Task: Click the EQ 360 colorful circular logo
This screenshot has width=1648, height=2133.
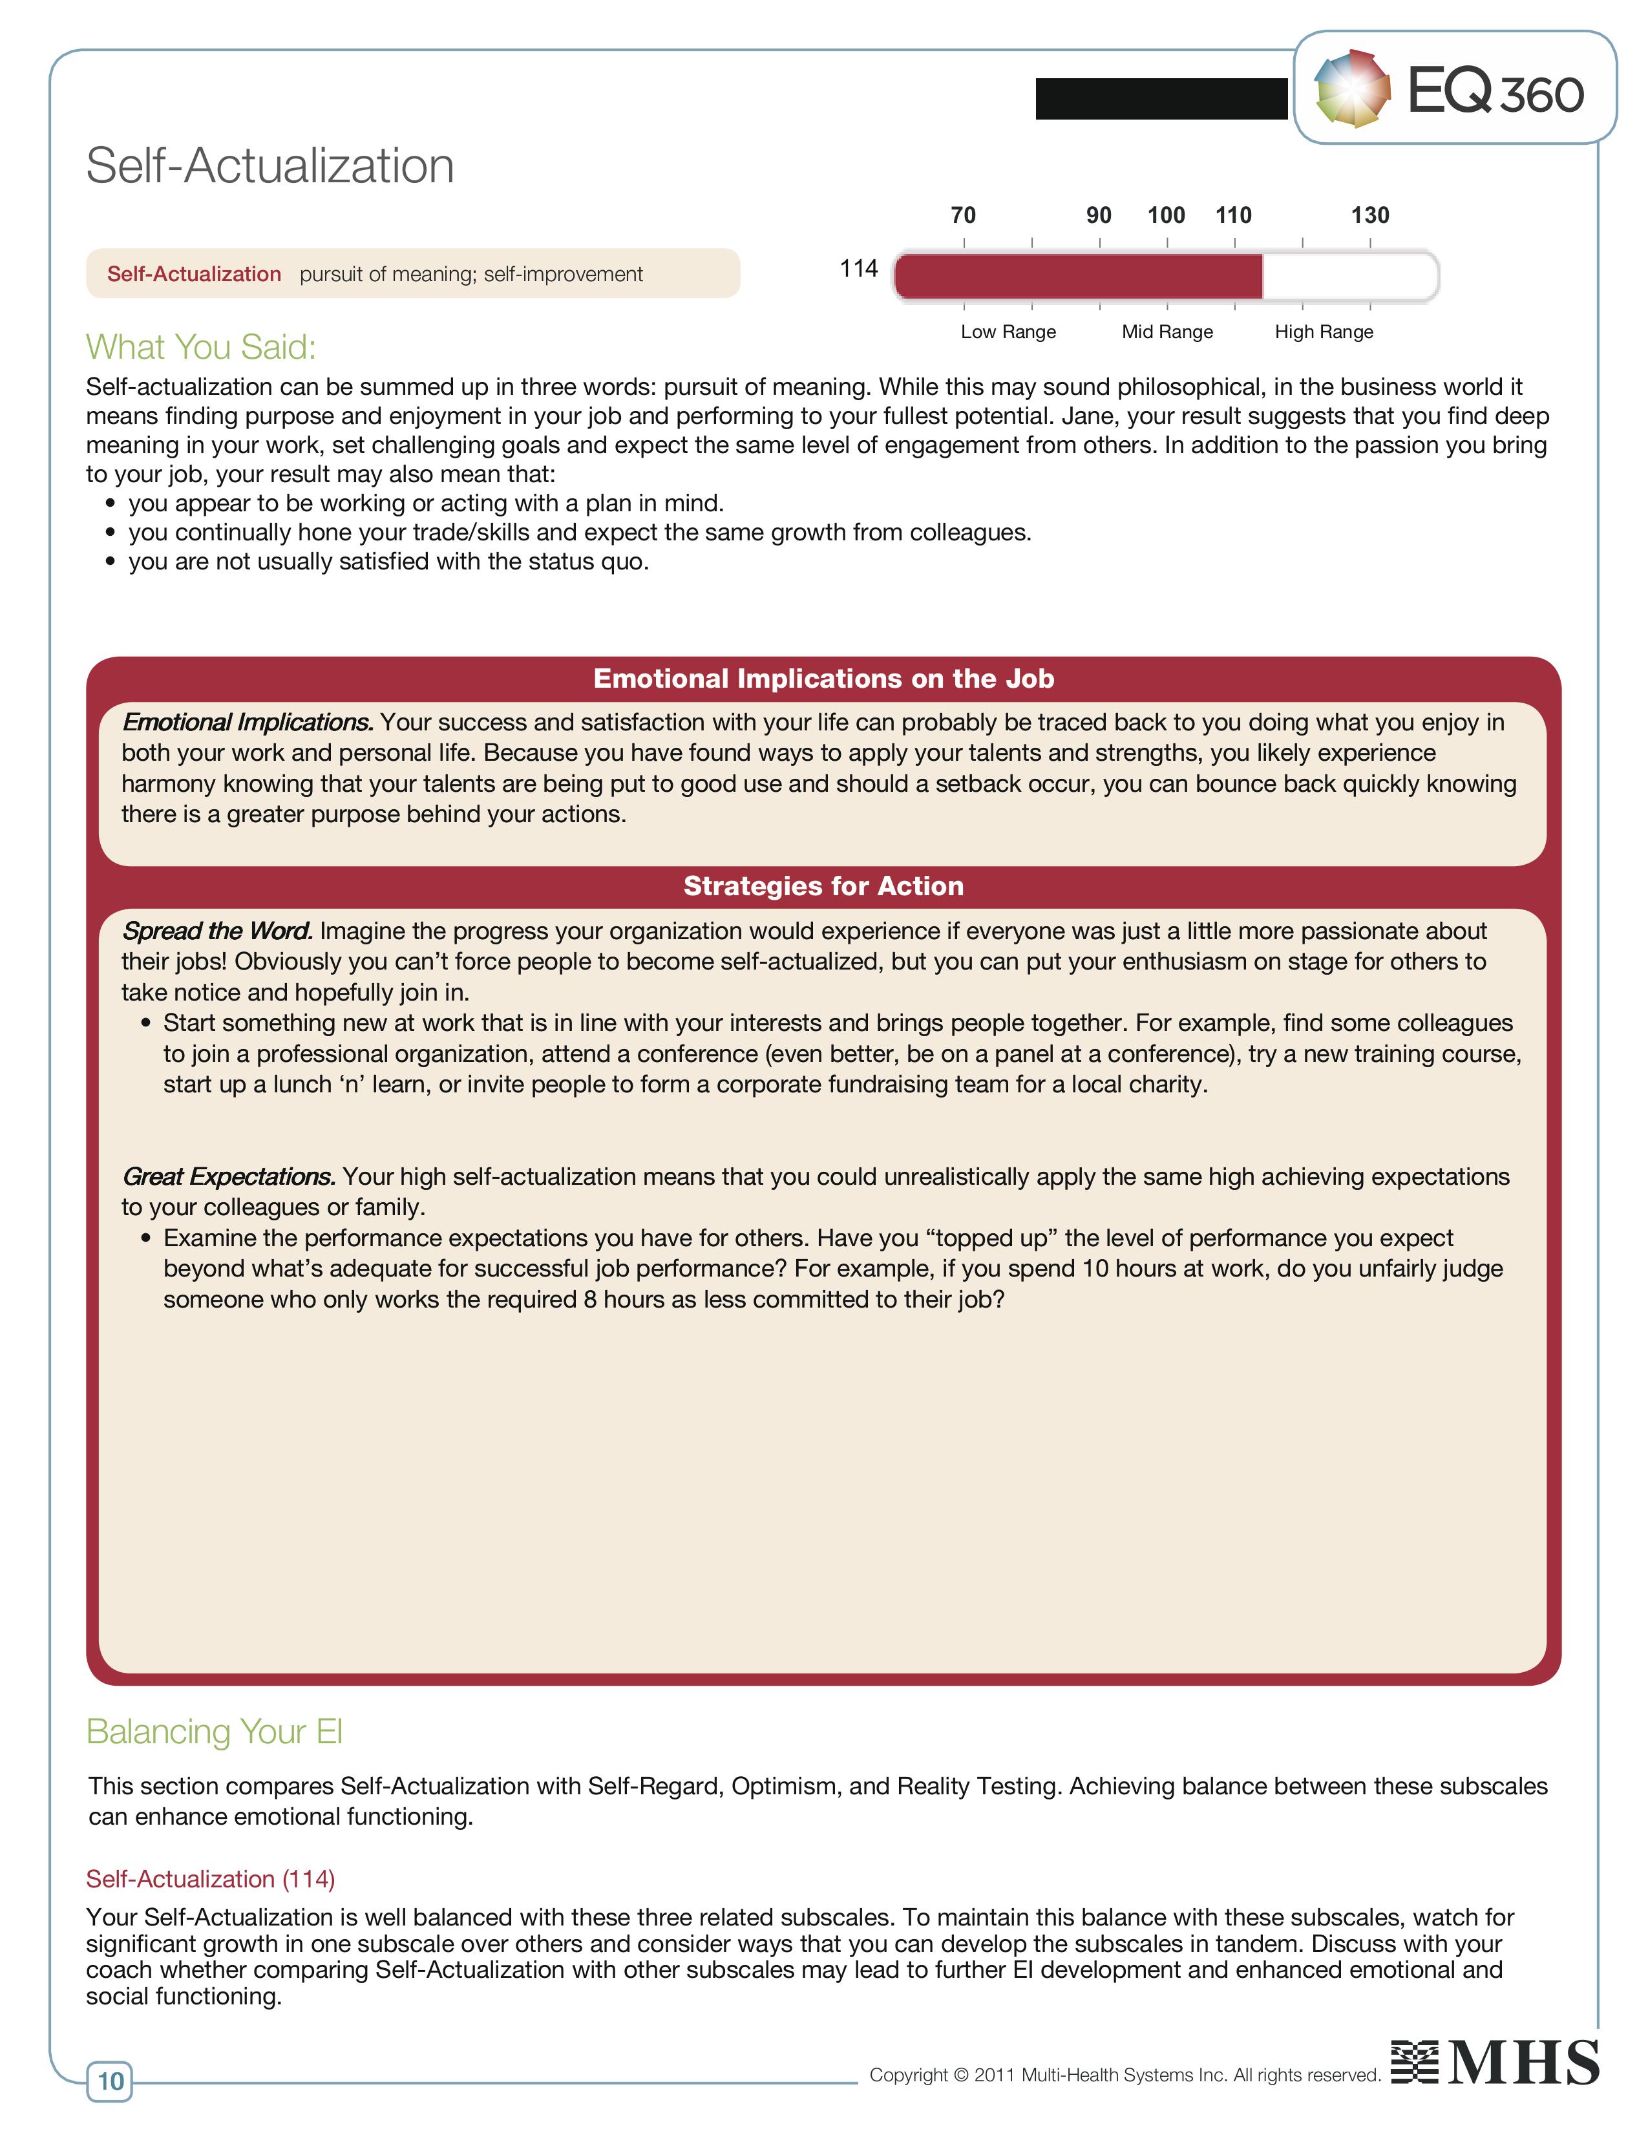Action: point(1352,89)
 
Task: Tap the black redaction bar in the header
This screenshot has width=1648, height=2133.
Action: point(1161,99)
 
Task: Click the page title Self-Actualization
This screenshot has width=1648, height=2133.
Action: point(269,165)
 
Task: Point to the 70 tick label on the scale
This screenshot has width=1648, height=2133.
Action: point(963,215)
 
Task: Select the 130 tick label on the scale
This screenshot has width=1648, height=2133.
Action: point(1369,215)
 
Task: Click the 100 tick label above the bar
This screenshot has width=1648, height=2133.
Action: point(1166,215)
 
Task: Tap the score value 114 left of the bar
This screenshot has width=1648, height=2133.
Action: point(858,269)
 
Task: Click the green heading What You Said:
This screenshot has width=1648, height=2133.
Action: point(201,346)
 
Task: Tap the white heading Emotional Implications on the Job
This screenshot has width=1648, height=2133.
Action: point(823,679)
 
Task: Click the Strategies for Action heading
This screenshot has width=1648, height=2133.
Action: point(823,886)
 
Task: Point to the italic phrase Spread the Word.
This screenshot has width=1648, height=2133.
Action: point(217,931)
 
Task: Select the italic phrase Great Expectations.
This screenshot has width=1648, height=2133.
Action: point(228,1176)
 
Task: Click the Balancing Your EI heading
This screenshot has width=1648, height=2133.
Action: point(214,1732)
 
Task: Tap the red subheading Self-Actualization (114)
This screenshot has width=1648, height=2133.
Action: point(210,1879)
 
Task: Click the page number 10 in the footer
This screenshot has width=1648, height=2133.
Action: point(111,2081)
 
